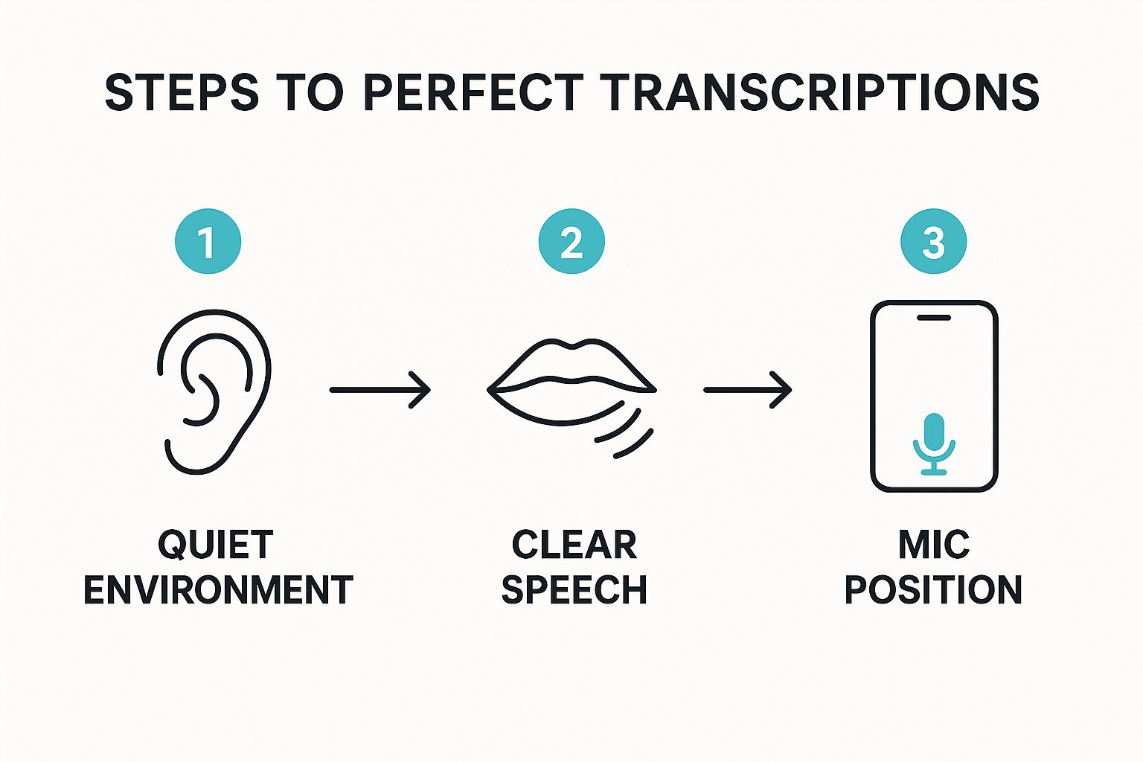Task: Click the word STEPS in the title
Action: pos(182,93)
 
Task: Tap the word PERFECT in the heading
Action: pos(473,93)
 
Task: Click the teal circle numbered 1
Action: pos(208,242)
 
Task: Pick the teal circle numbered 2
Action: pos(571,242)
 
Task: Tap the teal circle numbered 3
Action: pos(933,242)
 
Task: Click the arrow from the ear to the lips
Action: pos(380,389)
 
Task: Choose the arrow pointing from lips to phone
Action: pos(748,389)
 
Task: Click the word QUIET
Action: pos(216,545)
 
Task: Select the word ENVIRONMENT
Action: pos(218,590)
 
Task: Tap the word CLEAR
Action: pos(574,545)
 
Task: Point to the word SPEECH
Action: pos(574,590)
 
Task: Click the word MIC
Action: pos(934,545)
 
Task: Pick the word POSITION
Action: pos(933,590)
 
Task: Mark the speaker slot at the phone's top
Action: pos(934,318)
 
